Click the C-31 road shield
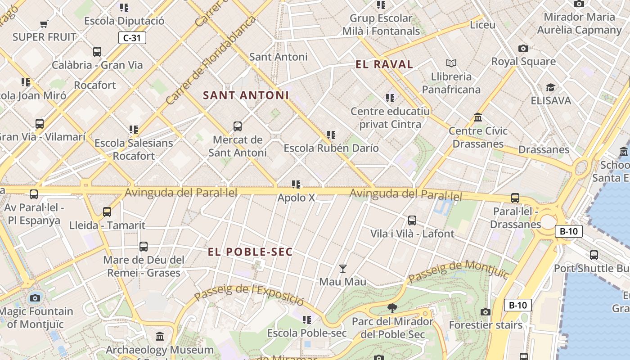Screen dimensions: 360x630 (x=132, y=38)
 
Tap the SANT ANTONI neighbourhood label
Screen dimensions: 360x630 (x=246, y=95)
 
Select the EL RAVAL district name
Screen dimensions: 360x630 (x=384, y=64)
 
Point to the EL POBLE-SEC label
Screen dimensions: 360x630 (x=250, y=252)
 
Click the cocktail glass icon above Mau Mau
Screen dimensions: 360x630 (x=343, y=269)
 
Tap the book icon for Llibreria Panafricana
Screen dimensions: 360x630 (x=451, y=63)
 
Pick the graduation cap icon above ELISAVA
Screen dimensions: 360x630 (x=550, y=87)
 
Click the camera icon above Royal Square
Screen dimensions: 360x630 (x=523, y=48)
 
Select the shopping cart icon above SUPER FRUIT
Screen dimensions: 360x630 (x=44, y=24)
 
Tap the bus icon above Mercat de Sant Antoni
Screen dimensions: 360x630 (x=238, y=126)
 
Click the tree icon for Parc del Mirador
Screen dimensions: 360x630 (x=392, y=308)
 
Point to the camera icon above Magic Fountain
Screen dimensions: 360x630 (x=35, y=298)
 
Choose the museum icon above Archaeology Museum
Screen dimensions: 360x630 (x=160, y=337)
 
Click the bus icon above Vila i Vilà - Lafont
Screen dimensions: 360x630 (x=412, y=220)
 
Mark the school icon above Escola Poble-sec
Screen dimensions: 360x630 (x=307, y=320)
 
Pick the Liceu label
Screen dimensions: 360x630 (x=482, y=25)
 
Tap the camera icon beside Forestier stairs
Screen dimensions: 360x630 (x=485, y=312)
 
